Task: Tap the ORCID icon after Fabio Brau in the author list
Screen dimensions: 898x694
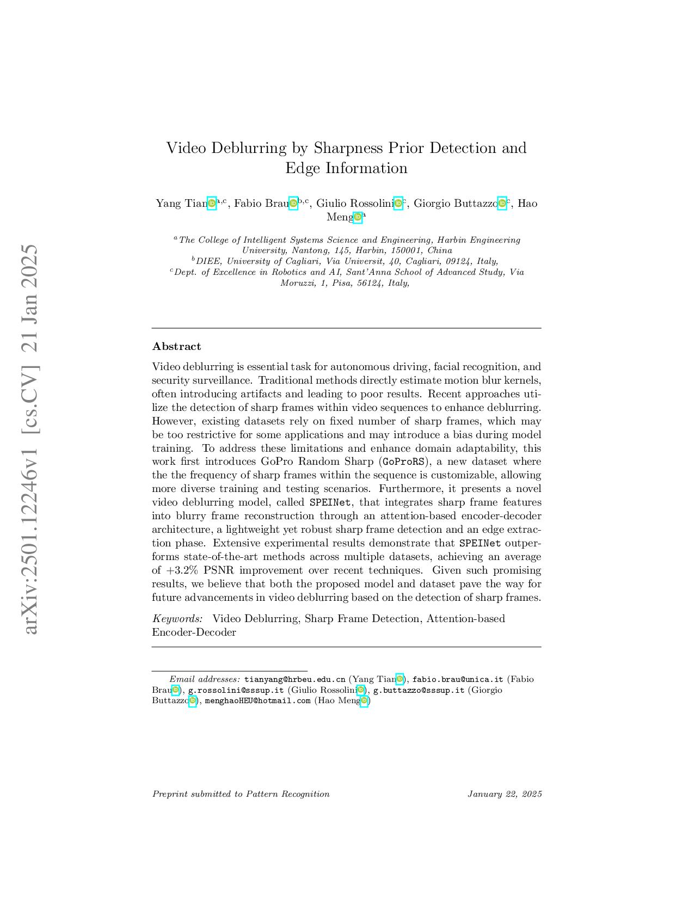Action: coord(293,204)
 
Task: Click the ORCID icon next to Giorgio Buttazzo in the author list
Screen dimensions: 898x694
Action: coord(502,204)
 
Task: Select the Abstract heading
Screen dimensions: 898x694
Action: coord(176,347)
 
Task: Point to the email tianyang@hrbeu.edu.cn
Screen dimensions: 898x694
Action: coord(294,679)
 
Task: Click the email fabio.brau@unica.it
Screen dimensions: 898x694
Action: coord(457,679)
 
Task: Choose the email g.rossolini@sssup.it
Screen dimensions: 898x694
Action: coord(236,690)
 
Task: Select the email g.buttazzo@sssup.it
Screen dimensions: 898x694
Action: coord(419,690)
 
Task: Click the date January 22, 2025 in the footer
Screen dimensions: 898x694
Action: coord(505,794)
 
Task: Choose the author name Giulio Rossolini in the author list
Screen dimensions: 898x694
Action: coord(354,204)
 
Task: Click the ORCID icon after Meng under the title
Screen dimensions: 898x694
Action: coord(358,218)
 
